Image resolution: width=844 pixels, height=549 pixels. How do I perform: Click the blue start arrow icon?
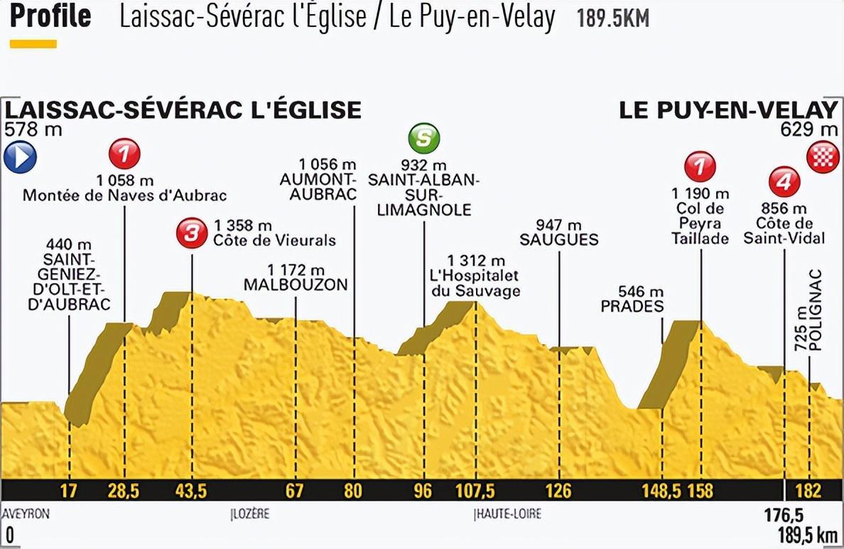(20, 157)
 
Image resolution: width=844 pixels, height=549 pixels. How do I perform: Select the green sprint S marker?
(423, 138)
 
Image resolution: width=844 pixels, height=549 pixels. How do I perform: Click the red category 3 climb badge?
(191, 233)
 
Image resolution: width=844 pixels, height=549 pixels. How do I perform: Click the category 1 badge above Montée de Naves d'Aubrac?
(124, 152)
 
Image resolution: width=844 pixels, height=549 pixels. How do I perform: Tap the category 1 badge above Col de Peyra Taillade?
(700, 167)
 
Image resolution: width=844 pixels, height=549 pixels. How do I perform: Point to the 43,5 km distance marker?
(191, 491)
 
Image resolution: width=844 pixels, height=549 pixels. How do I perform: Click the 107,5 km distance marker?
(475, 491)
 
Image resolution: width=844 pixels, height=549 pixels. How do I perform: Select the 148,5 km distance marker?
(661, 491)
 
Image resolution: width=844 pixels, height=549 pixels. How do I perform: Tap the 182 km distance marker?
(808, 491)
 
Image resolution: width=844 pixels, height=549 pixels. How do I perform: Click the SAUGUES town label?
(559, 240)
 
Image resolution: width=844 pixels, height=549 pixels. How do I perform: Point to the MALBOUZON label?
(296, 285)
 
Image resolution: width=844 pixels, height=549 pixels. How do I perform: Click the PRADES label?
(632, 307)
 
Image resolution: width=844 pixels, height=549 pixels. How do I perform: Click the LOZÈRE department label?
(251, 514)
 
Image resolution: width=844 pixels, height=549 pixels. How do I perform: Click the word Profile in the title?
(50, 15)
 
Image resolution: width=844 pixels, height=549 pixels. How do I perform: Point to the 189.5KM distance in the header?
(612, 18)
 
